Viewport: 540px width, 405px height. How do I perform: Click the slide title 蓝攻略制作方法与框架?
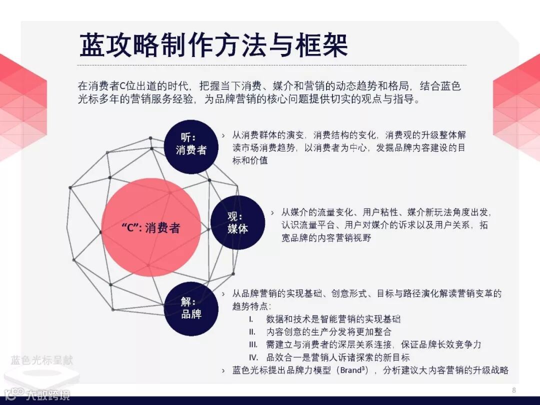coord(213,45)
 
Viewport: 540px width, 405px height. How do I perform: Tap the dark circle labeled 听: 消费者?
coord(191,143)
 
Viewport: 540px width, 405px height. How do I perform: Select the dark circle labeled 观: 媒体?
coord(237,223)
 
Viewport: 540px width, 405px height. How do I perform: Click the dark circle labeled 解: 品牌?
coord(191,308)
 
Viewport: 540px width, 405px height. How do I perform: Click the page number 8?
coord(514,390)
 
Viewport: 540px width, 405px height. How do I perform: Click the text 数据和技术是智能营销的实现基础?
coord(333,319)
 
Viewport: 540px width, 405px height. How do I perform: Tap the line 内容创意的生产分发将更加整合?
coord(328,331)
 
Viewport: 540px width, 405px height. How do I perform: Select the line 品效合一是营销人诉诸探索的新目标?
coord(338,357)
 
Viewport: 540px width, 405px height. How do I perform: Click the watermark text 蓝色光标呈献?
coord(42,360)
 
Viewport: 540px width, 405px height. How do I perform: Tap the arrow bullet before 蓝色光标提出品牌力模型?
coord(223,370)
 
